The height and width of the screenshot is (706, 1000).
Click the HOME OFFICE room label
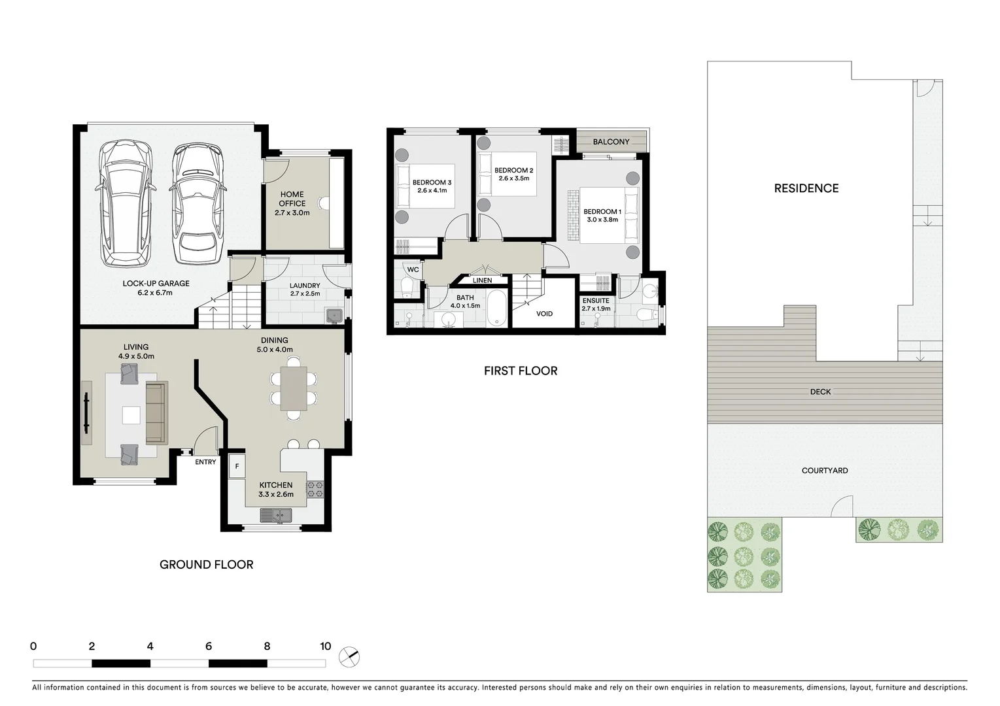pos(292,199)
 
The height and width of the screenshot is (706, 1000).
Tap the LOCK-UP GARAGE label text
pos(156,284)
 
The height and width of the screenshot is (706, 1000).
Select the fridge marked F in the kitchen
pos(237,467)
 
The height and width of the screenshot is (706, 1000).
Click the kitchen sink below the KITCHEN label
pos(275,516)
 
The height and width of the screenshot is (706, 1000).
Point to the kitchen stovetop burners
pos(315,490)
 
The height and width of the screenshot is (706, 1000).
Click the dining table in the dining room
pos(293,388)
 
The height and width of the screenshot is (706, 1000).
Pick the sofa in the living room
pos(156,412)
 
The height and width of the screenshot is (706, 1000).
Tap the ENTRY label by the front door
pos(205,462)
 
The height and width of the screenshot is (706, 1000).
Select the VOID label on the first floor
pos(544,314)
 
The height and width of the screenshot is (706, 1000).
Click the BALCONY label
pos(611,142)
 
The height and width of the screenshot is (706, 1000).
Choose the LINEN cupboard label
pos(482,280)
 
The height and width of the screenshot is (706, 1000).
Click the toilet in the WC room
pos(406,286)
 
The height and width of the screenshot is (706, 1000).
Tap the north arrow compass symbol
pos(350,656)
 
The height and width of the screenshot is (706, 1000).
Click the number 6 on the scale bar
pos(209,647)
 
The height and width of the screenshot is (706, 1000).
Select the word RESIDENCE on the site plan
pos(806,188)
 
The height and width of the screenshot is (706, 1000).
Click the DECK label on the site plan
pos(820,392)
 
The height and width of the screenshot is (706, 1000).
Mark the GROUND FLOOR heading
pos(206,564)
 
